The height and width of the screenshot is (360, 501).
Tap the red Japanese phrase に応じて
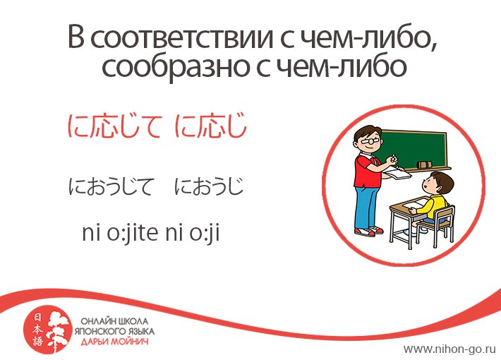[x=114, y=126]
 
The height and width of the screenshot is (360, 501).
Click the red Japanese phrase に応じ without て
[x=211, y=126]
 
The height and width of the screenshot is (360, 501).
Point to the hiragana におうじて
[x=111, y=187]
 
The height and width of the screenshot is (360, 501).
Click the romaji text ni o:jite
[x=121, y=233]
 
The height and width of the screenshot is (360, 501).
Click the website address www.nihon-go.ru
[x=449, y=349]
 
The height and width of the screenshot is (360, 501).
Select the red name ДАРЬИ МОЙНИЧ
[x=114, y=342]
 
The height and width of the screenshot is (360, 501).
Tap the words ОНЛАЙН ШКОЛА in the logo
[x=114, y=321]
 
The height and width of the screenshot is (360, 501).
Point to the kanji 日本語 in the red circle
[x=37, y=330]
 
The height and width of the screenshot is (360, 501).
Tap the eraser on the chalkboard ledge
[x=424, y=164]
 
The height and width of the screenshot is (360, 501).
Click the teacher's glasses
[x=371, y=140]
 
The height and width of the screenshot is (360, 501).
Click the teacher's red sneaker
[x=365, y=232]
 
